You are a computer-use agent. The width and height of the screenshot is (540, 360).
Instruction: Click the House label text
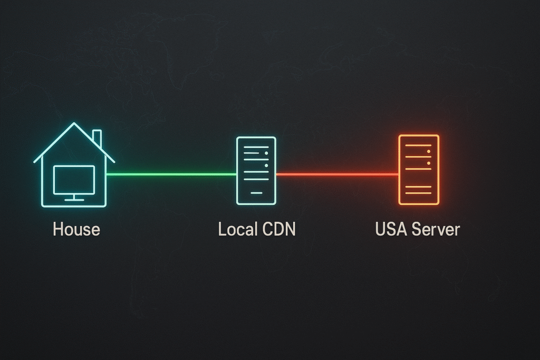(x=76, y=229)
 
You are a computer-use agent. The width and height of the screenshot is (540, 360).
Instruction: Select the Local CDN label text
(x=256, y=229)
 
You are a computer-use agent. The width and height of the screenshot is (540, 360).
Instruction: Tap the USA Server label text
(x=417, y=229)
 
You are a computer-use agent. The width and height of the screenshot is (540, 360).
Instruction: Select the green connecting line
(x=171, y=174)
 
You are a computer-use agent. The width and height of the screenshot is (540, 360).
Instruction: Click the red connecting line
(x=337, y=174)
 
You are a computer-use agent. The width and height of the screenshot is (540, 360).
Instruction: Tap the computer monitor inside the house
(x=74, y=179)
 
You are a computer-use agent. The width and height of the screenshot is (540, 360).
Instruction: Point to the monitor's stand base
(x=74, y=200)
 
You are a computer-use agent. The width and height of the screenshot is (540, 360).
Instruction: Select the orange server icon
(x=419, y=170)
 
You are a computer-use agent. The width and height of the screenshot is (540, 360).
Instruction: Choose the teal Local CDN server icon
(x=256, y=170)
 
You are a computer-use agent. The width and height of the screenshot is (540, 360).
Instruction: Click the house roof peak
(x=74, y=124)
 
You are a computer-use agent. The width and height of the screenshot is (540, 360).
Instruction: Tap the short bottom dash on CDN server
(x=256, y=193)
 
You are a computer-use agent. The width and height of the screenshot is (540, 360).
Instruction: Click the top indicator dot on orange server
(x=429, y=151)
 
